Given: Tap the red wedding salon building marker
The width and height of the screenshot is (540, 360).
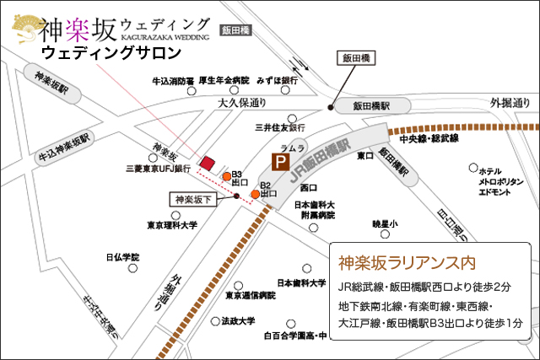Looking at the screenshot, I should (207, 161).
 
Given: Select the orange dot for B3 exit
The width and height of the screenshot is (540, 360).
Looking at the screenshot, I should (227, 176).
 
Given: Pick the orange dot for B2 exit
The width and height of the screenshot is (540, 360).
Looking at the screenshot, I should (255, 195).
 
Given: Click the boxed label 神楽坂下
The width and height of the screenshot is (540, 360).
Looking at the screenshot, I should (194, 200).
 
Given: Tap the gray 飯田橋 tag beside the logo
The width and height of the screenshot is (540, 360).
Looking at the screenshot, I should (236, 30).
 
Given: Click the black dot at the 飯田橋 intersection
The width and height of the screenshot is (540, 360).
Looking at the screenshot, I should (330, 107).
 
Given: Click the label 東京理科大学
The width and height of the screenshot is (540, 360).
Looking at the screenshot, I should (172, 225).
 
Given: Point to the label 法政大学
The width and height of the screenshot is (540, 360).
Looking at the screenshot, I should (238, 321).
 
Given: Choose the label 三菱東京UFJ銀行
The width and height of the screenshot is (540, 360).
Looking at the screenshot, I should (157, 168).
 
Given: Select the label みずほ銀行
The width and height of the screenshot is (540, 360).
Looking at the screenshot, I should (278, 81).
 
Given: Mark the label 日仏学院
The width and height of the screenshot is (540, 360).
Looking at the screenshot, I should (122, 256).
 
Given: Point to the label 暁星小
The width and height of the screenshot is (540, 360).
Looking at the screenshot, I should (385, 223).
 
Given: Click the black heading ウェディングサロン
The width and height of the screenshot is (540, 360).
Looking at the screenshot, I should (111, 53).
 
